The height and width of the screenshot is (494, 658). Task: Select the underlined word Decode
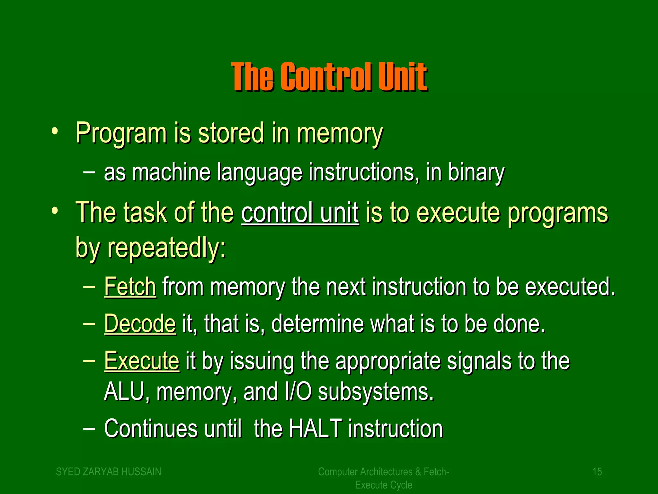pyautogui.click(x=140, y=324)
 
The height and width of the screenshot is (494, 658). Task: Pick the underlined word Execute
pyautogui.click(x=142, y=361)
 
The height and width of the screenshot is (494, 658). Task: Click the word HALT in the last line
pyautogui.click(x=315, y=429)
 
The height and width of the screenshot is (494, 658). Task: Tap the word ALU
pyautogui.click(x=124, y=391)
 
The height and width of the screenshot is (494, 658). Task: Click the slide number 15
pyautogui.click(x=597, y=472)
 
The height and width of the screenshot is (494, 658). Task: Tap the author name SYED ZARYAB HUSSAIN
pyautogui.click(x=109, y=472)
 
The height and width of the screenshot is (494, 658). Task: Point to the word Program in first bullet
pyautogui.click(x=121, y=133)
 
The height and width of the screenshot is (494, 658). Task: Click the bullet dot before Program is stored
pyautogui.click(x=55, y=131)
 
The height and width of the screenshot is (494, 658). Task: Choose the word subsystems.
pyautogui.click(x=376, y=392)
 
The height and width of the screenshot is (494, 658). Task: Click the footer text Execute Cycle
pyautogui.click(x=384, y=485)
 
